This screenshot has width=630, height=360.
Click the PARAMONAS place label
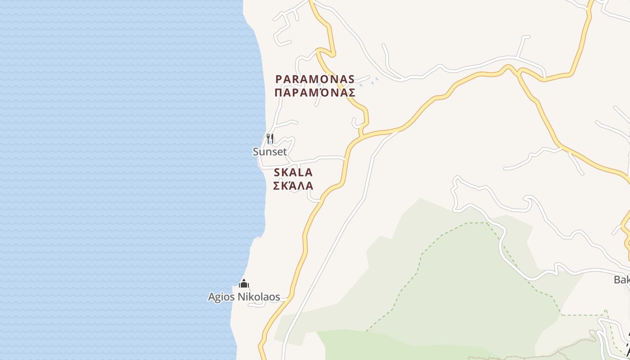315,79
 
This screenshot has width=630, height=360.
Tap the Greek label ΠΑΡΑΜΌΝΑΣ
315,93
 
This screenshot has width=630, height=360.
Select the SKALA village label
293,172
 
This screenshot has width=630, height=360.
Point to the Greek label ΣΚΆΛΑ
293,185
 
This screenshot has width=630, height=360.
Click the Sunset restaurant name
270,152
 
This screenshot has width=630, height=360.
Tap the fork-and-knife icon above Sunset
270,138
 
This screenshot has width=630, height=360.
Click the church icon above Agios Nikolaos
244,283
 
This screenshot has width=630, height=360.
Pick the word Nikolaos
258,297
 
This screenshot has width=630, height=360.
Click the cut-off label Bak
621,279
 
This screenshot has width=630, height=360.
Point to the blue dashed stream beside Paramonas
369,82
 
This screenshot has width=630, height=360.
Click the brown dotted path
540,351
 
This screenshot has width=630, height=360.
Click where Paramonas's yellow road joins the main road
361,135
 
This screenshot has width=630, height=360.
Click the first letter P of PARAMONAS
279,79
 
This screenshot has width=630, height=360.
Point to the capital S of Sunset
256,152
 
